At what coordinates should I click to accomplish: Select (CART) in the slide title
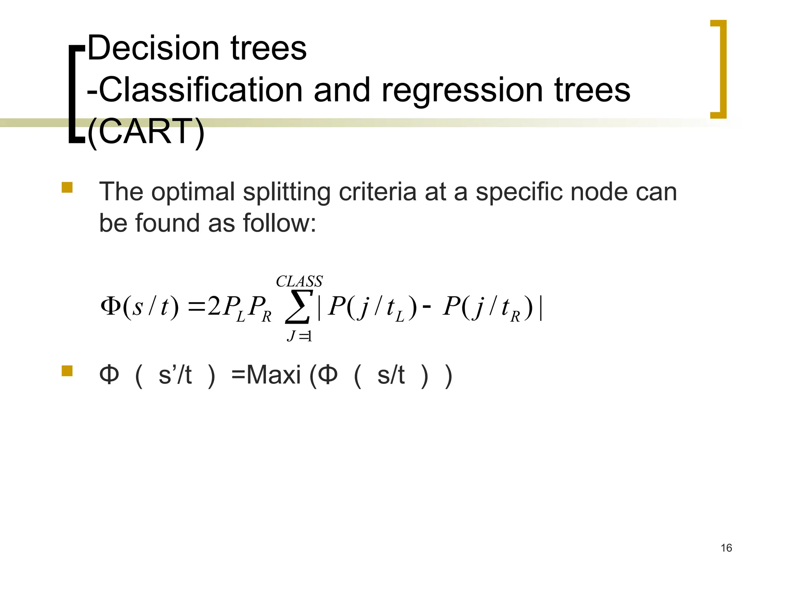coord(146,132)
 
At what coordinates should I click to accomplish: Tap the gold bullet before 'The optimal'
coord(67,188)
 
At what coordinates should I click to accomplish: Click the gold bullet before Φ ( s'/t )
coord(67,371)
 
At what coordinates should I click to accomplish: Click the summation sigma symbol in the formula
coord(297,307)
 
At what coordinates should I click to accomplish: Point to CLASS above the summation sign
coord(299,281)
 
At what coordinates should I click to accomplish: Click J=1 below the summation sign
coord(299,336)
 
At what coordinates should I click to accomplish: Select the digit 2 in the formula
coord(214,307)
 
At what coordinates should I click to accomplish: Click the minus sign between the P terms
coord(426,307)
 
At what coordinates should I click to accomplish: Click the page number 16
coord(726,548)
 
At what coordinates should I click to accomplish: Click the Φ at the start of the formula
coord(111,306)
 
